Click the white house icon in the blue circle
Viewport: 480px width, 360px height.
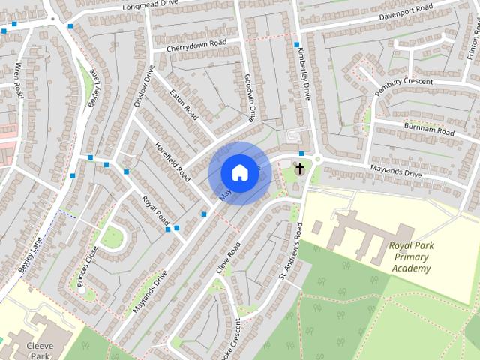238,172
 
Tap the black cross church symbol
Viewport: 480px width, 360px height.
299,169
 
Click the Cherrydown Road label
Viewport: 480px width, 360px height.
197,44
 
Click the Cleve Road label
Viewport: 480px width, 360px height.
226,256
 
